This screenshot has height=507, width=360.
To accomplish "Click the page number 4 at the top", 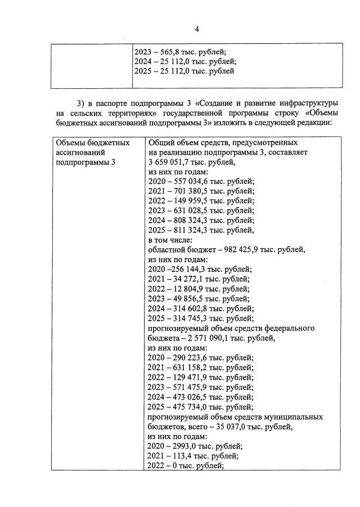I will pyautogui.click(x=197, y=29).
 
